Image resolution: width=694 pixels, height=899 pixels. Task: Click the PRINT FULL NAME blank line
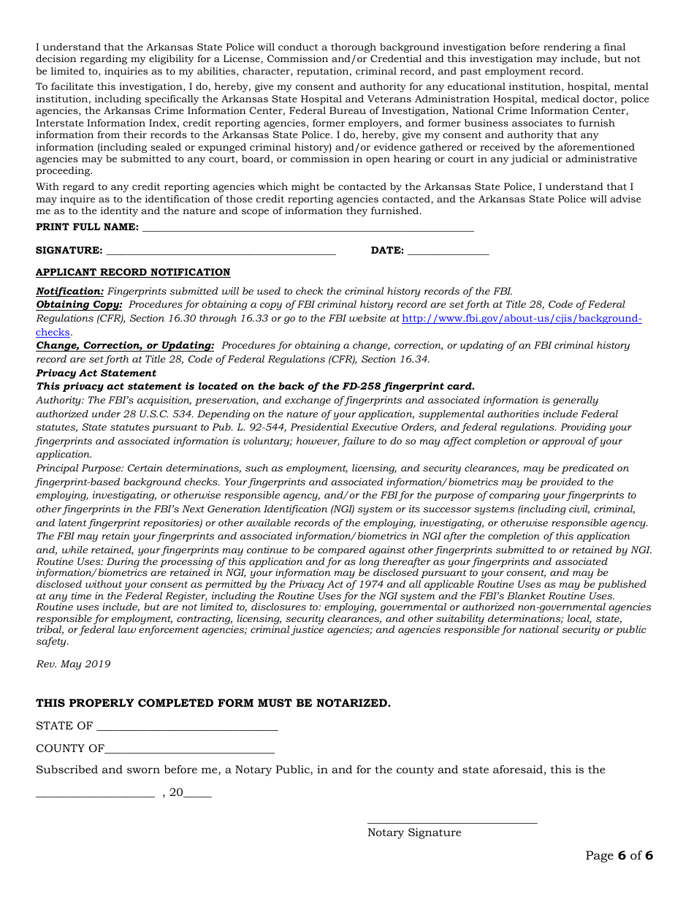coord(308,228)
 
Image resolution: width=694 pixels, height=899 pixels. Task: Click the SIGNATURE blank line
coord(221,251)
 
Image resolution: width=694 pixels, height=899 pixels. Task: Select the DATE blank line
coord(448,251)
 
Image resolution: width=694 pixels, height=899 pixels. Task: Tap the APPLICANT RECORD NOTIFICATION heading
coord(133,273)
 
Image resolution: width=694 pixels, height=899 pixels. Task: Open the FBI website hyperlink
coord(522,319)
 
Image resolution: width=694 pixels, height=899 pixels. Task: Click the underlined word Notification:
coord(70,291)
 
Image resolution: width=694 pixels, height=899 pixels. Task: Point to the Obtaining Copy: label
coord(79,305)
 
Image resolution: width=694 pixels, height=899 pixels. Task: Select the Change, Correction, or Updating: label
coord(125,346)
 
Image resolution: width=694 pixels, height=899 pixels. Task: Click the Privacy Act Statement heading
coord(96,373)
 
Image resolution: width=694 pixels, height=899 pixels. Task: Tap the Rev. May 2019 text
coord(73,664)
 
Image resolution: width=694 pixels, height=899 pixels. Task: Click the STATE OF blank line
coord(187,727)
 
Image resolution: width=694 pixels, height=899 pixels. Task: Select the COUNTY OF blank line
coord(189,749)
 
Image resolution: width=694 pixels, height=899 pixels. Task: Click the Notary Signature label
coord(414,832)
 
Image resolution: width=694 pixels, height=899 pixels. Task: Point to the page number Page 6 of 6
coord(619,856)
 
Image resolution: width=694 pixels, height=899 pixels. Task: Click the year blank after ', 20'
coord(198,793)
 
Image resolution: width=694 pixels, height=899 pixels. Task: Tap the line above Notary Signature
coord(451,822)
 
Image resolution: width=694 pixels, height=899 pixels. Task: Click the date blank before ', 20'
coord(95,793)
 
